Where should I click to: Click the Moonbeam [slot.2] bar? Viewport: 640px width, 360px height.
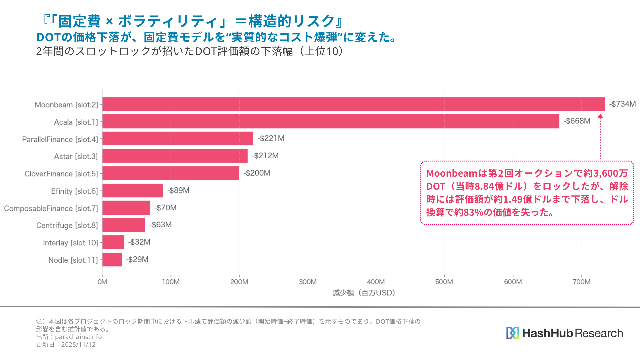pyautogui.click(x=353, y=104)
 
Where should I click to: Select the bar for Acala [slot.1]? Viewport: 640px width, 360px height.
pyautogui.click(x=331, y=121)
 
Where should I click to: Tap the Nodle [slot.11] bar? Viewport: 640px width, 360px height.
pyautogui.click(x=112, y=260)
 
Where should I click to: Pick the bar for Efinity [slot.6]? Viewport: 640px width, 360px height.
pyautogui.click(x=133, y=190)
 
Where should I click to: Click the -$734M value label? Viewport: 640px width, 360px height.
pyautogui.click(x=622, y=104)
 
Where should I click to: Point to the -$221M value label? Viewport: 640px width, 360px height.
pyautogui.click(x=271, y=138)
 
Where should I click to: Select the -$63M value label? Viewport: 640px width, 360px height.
pyautogui.click(x=160, y=225)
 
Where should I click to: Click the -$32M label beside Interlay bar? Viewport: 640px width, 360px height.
pyautogui.click(x=139, y=242)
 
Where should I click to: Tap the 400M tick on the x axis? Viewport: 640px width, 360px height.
pyautogui.click(x=376, y=282)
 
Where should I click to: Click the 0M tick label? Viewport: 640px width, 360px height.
pyautogui.click(x=102, y=282)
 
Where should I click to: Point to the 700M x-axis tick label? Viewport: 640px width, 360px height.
pyautogui.click(x=581, y=282)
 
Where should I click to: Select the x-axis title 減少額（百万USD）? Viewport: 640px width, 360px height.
pyautogui.click(x=364, y=293)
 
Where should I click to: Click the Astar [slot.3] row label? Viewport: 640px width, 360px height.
pyautogui.click(x=76, y=156)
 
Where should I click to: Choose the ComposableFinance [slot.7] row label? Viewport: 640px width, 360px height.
pyautogui.click(x=51, y=208)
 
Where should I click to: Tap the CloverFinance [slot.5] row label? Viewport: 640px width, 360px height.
pyautogui.click(x=61, y=174)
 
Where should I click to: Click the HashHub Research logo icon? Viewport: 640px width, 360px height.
pyautogui.click(x=512, y=333)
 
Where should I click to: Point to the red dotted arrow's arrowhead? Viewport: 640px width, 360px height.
pyautogui.click(x=600, y=117)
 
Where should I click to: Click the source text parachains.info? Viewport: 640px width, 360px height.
pyautogui.click(x=78, y=337)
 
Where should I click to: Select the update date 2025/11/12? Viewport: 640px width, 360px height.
pyautogui.click(x=78, y=345)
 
